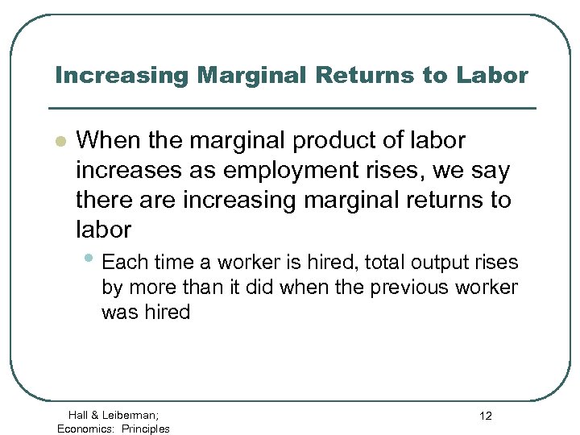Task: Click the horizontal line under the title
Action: pos(292,108)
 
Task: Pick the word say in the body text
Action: pos(491,171)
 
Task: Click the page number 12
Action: pos(485,416)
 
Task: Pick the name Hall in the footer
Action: pos(79,415)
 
